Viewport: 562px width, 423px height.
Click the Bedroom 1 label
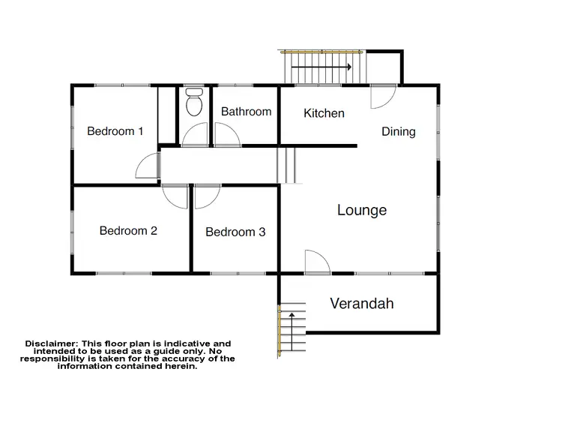tap(115, 131)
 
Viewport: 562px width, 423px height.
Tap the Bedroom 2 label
tap(128, 230)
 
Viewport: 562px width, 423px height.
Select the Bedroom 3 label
tap(235, 232)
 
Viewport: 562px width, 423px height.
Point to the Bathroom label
tap(246, 112)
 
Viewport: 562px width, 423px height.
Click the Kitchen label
tap(324, 113)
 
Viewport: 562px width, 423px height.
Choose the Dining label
tap(398, 131)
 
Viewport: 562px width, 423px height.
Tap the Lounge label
tap(362, 210)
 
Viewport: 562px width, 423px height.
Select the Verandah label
tap(362, 304)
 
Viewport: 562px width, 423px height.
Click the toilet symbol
tap(194, 102)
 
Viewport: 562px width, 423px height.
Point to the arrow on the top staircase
tap(321, 67)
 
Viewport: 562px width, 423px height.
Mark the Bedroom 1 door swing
tap(148, 166)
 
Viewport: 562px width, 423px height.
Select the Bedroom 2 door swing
tap(175, 196)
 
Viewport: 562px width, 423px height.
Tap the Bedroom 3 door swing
tap(207, 196)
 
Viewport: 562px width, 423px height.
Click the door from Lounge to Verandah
tap(317, 262)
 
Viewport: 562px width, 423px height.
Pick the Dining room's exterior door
tap(382, 96)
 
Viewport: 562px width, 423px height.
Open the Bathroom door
tap(227, 134)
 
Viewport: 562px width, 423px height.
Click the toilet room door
tap(196, 134)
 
